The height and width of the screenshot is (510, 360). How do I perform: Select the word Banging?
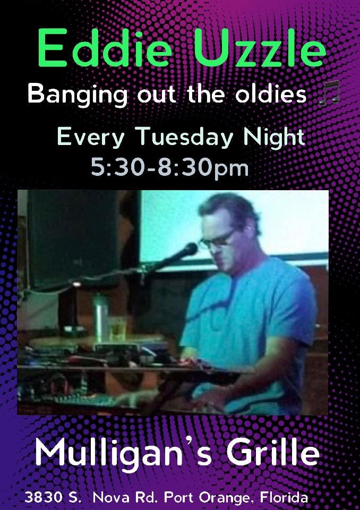pyautogui.click(x=78, y=95)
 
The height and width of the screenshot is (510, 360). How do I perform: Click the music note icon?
pyautogui.click(x=329, y=93)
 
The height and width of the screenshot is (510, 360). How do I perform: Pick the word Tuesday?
pyautogui.click(x=186, y=137)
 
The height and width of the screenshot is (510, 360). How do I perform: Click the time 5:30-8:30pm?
pyautogui.click(x=170, y=168)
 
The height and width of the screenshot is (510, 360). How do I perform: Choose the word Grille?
pyautogui.click(x=272, y=453)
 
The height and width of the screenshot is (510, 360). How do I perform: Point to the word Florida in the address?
pyautogui.click(x=284, y=497)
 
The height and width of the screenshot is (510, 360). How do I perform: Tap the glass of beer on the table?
pyautogui.click(x=117, y=329)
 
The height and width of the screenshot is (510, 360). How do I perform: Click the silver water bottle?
pyautogui.click(x=100, y=318)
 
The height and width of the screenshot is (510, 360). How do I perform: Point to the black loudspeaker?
pyautogui.click(x=73, y=239)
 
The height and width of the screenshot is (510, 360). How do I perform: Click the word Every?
pyautogui.click(x=90, y=137)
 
